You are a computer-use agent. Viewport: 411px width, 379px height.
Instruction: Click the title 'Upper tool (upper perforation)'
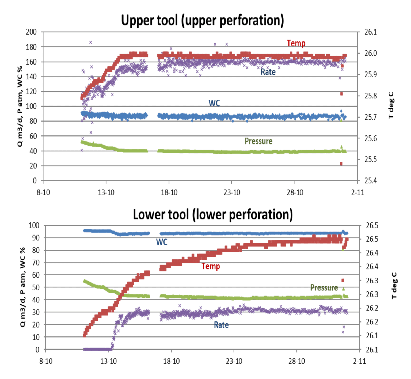click(x=202, y=21)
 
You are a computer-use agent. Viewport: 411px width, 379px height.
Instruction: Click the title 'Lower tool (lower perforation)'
click(x=213, y=215)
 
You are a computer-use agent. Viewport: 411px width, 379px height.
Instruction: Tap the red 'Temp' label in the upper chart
click(x=296, y=43)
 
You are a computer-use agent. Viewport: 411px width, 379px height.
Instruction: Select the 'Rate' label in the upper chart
click(x=268, y=72)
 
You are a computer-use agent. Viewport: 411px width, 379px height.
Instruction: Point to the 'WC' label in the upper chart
click(x=214, y=103)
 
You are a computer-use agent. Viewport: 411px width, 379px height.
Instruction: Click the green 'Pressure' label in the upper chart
click(x=258, y=141)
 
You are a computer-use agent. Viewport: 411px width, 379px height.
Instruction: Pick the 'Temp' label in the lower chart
click(x=211, y=266)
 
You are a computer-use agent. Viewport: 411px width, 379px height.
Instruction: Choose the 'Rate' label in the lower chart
click(x=221, y=325)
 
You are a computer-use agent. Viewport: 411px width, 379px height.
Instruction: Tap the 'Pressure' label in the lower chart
click(x=324, y=288)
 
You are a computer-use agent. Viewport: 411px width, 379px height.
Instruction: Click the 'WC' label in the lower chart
click(x=162, y=242)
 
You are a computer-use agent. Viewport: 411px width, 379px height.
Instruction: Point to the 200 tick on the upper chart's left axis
click(x=31, y=32)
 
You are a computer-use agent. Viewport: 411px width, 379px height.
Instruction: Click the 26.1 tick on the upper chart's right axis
click(x=370, y=32)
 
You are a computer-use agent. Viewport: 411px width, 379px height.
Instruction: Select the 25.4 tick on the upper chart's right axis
click(x=370, y=181)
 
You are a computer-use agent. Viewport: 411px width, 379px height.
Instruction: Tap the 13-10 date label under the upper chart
click(x=106, y=192)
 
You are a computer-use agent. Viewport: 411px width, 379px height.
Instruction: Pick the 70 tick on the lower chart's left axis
click(x=35, y=263)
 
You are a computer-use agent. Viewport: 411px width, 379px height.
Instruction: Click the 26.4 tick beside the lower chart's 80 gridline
click(x=372, y=253)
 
